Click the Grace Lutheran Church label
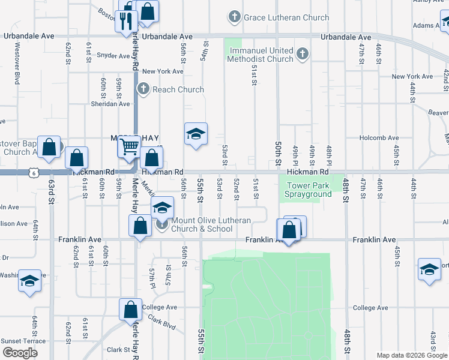point(286,17)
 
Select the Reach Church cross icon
point(143,89)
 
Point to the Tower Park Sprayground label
point(309,190)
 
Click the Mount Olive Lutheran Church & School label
point(211,225)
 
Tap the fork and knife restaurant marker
point(126,21)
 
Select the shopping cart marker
point(130,146)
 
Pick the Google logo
point(20,352)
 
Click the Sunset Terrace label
point(23,341)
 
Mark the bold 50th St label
point(278,154)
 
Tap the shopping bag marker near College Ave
point(130,310)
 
